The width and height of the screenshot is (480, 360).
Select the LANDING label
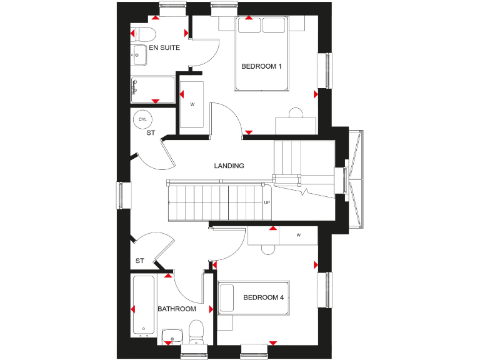(229, 166)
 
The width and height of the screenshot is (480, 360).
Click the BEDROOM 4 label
(264, 297)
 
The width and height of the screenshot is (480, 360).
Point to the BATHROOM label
(177, 309)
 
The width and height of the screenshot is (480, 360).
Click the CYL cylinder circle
(142, 119)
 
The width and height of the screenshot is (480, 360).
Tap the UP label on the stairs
(267, 202)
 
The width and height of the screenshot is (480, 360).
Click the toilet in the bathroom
(196, 331)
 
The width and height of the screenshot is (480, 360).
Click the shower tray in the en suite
(153, 89)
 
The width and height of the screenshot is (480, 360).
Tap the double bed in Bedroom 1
(262, 53)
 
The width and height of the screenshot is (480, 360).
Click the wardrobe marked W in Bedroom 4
(283, 236)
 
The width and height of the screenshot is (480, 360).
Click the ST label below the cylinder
(151, 133)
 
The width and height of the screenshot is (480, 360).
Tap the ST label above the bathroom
(140, 261)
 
